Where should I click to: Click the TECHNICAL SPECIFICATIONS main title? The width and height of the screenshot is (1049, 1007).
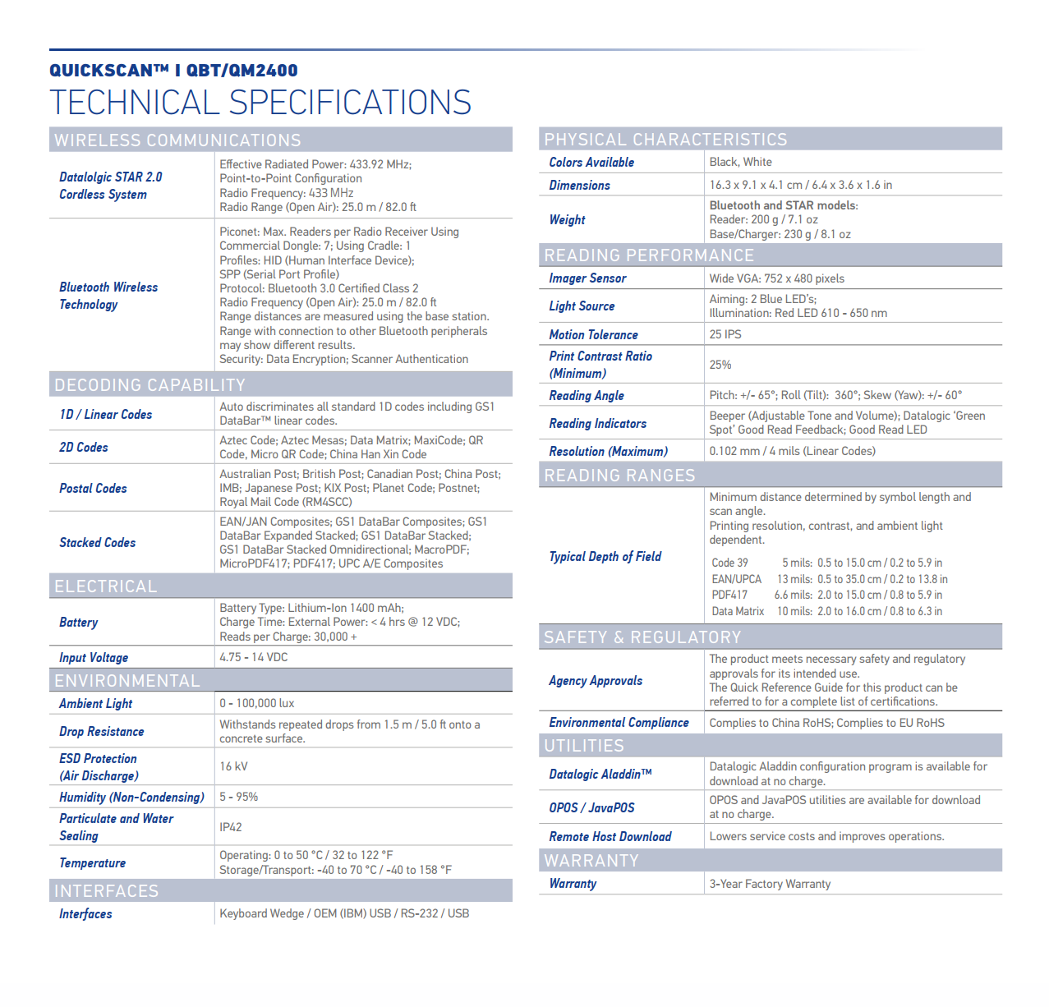(260, 103)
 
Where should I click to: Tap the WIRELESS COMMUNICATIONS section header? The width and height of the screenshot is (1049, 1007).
(177, 140)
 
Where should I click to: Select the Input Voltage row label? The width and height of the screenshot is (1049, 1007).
(94, 657)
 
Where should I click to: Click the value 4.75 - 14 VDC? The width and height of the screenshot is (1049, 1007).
(253, 657)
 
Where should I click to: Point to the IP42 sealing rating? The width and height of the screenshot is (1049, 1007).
(231, 827)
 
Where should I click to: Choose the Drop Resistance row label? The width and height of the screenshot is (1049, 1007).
(101, 731)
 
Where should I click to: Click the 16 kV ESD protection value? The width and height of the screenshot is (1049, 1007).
(233, 766)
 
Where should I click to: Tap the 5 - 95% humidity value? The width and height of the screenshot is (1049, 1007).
(238, 797)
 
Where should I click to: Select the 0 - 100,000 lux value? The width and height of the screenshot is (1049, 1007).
(256, 703)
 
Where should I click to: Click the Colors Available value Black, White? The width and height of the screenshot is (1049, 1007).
(740, 162)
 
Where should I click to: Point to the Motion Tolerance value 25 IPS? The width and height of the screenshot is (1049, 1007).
(725, 334)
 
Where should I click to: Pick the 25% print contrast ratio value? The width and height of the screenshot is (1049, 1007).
(720, 365)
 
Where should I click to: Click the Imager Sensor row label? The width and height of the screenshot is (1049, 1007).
(587, 278)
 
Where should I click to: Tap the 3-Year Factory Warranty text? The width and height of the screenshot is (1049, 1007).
(770, 884)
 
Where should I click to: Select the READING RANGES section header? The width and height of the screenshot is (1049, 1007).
(619, 476)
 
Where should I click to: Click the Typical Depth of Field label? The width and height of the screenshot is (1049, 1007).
(605, 556)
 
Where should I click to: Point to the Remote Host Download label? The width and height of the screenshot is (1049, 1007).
(610, 836)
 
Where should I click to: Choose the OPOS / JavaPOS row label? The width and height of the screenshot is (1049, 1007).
(591, 807)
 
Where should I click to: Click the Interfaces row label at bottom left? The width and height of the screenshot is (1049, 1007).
(85, 913)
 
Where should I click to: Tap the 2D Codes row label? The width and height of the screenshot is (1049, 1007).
(84, 447)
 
